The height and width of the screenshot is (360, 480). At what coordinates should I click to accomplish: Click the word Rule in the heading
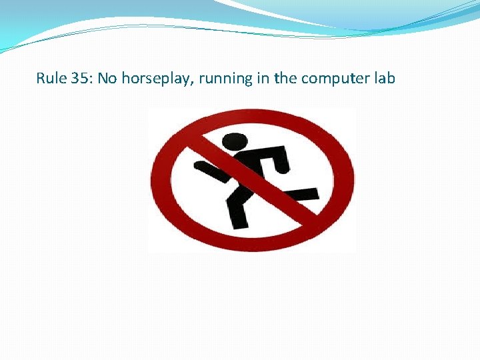click(49, 79)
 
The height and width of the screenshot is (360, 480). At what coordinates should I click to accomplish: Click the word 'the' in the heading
click(285, 79)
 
